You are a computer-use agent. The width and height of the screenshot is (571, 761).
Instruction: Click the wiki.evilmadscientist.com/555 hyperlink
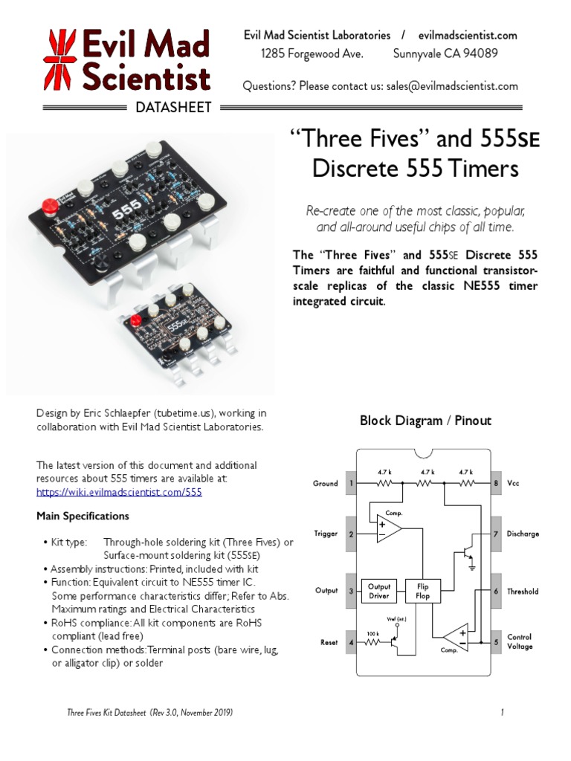coord(119,492)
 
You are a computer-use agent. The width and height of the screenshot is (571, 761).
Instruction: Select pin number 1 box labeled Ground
coord(351,483)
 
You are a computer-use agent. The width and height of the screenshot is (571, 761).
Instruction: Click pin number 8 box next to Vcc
coord(496,483)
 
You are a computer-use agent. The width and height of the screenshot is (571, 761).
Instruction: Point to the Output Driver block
coord(379,591)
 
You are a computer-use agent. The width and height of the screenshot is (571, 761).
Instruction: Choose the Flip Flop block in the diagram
coord(422,591)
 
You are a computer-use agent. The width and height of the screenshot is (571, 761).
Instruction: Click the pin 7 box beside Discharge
coord(496,534)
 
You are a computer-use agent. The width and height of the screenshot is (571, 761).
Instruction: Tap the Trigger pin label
coord(326,534)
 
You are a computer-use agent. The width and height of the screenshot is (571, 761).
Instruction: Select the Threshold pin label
coord(523,592)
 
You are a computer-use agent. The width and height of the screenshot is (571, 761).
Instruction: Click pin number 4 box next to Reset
coord(351,642)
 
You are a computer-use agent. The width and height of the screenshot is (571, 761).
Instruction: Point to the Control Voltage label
coord(520,641)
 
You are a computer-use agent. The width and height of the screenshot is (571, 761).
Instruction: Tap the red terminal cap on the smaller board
coord(136,321)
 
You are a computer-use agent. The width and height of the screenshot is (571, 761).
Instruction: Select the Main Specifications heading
coord(83,516)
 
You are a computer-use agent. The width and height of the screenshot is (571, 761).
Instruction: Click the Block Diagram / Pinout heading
coord(425,421)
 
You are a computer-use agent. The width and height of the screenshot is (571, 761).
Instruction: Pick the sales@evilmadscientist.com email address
coord(451,85)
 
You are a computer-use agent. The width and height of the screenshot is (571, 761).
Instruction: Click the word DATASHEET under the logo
coord(174,108)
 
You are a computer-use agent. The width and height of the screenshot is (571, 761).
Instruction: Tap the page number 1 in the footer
coord(503,713)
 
